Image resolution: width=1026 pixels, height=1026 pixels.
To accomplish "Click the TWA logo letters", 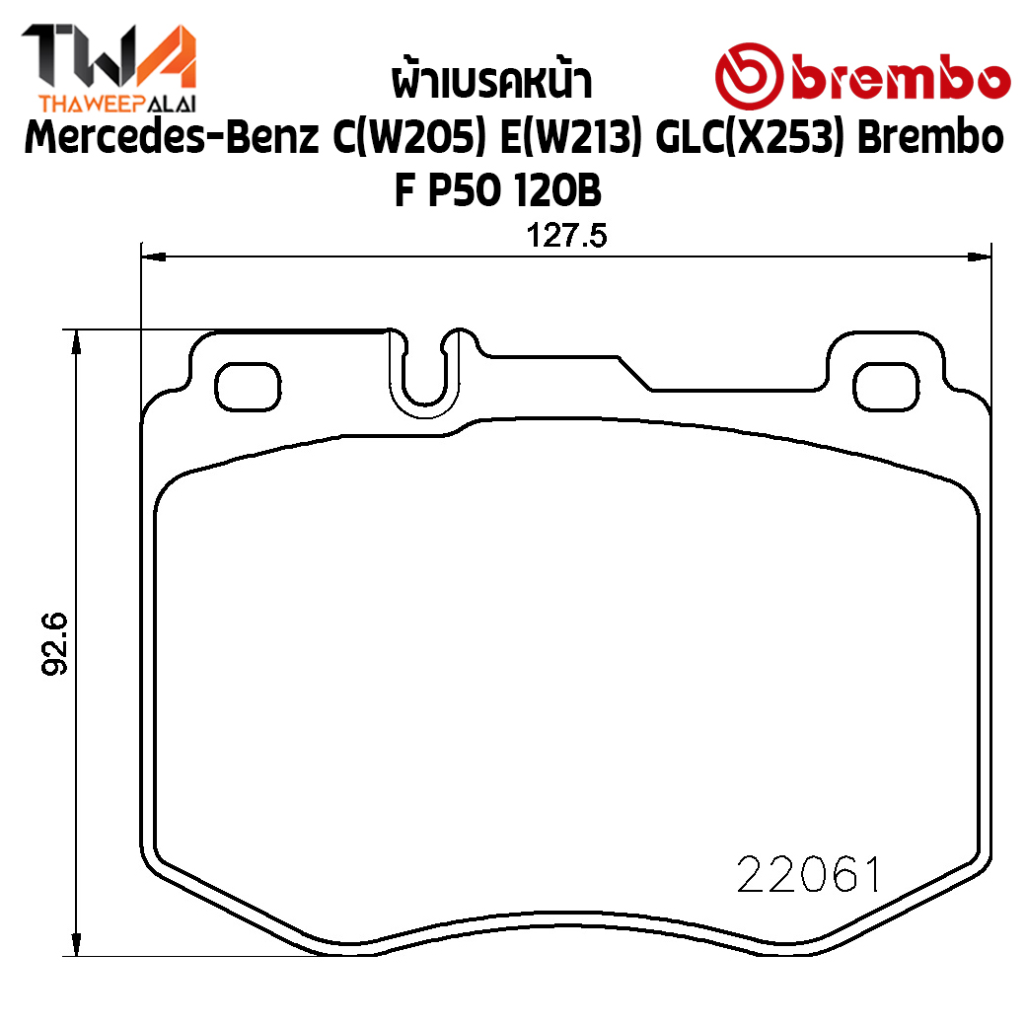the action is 109,57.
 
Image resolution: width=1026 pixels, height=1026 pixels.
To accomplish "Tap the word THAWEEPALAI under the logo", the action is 117,104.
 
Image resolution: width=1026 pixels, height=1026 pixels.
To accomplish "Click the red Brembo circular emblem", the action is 749,76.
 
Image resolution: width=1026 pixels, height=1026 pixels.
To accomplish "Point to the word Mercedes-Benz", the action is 172,137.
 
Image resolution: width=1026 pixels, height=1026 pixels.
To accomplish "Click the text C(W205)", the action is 409,138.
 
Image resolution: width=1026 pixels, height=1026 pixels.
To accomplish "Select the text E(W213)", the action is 570,138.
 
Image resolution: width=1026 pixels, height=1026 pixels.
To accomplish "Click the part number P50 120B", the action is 514,190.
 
